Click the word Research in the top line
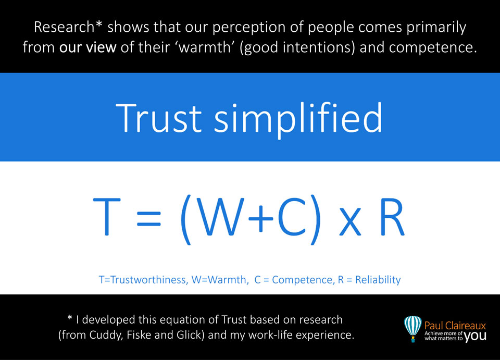point(64,27)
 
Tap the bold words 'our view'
point(87,47)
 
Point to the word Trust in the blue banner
point(158,118)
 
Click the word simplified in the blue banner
point(298,120)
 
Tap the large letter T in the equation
point(107,217)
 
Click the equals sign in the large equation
point(149,219)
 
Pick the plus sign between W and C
point(261,219)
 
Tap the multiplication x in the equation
point(350,221)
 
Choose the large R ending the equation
point(392,217)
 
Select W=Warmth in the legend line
point(219,280)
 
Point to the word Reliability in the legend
point(378,280)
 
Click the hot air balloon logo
point(413,329)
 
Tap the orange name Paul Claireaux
point(455,326)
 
